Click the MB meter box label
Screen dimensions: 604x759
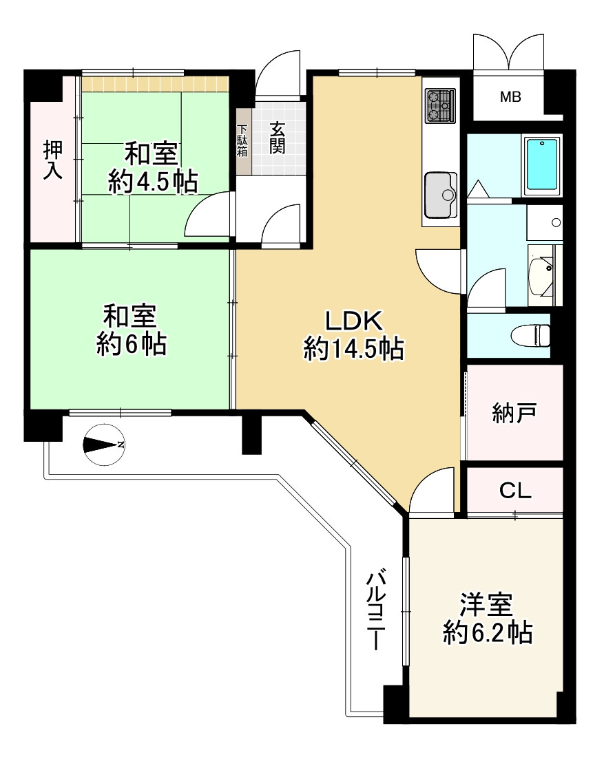pyautogui.click(x=510, y=97)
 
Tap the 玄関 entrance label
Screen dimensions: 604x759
pyautogui.click(x=277, y=138)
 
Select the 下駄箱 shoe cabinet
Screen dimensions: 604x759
pyautogui.click(x=242, y=141)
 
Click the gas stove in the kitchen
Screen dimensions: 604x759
pyautogui.click(x=440, y=105)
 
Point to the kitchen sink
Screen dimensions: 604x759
pyautogui.click(x=441, y=195)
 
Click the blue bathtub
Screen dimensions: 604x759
pyautogui.click(x=542, y=164)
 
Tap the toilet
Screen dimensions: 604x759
pyautogui.click(x=532, y=335)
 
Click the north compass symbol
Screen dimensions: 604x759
pyautogui.click(x=104, y=445)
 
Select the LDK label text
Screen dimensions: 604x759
pyautogui.click(x=353, y=321)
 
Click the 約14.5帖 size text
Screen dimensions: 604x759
pyautogui.click(x=353, y=348)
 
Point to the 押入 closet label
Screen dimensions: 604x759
pyautogui.click(x=53, y=160)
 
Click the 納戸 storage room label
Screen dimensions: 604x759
pyautogui.click(x=514, y=413)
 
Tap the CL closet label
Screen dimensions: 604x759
pyautogui.click(x=515, y=491)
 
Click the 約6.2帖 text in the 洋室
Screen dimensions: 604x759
pyautogui.click(x=488, y=632)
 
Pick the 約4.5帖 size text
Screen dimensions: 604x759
pyautogui.click(x=153, y=182)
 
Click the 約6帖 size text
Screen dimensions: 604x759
pyautogui.click(x=132, y=345)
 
